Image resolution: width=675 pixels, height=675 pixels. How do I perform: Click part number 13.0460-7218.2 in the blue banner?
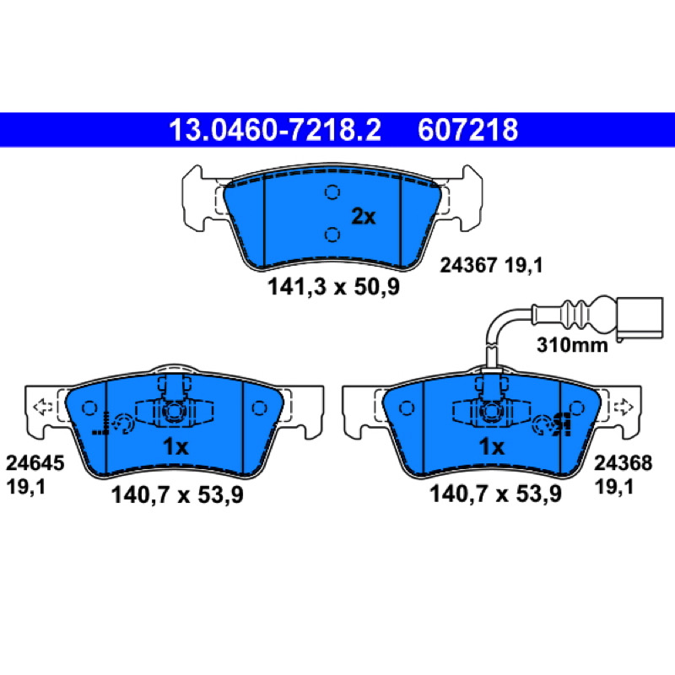pyautogui.click(x=275, y=130)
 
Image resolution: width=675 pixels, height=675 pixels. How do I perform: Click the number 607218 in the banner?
pyautogui.click(x=467, y=130)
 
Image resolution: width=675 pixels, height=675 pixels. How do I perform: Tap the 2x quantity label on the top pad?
pyautogui.click(x=364, y=217)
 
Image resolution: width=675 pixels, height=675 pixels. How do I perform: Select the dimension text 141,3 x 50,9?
pyautogui.click(x=333, y=286)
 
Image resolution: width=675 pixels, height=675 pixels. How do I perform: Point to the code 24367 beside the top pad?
pyautogui.click(x=468, y=265)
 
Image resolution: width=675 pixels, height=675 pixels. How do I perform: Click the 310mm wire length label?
pyautogui.click(x=572, y=345)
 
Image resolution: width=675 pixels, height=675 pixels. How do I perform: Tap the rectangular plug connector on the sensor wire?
pyautogui.click(x=640, y=318)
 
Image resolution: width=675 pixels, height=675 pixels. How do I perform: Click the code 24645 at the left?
pyautogui.click(x=35, y=463)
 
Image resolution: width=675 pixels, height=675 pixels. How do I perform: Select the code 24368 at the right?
pyautogui.click(x=624, y=463)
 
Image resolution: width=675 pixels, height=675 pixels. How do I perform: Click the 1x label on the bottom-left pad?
pyautogui.click(x=175, y=447)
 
